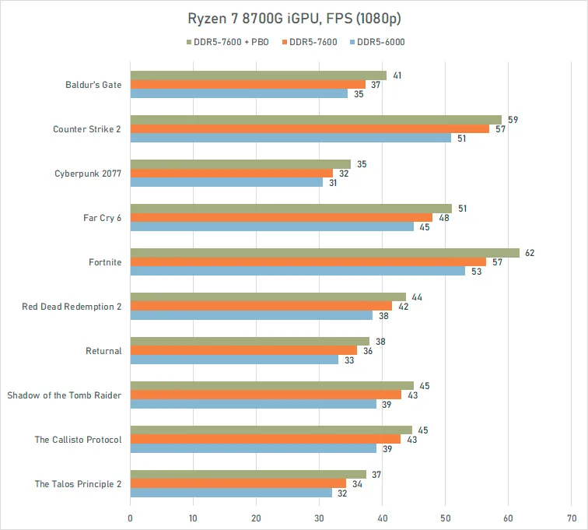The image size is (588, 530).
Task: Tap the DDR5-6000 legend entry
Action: (x=379, y=42)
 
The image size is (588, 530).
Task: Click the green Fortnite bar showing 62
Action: (x=324, y=253)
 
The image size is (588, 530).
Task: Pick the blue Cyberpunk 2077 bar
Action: (x=226, y=182)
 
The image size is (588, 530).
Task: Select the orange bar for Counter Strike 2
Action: (x=310, y=128)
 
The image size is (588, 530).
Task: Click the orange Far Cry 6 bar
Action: (x=281, y=217)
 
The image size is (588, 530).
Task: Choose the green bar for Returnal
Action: (x=250, y=342)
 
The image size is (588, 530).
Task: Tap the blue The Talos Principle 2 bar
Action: (x=231, y=493)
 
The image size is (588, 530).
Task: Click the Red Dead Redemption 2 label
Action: (x=72, y=307)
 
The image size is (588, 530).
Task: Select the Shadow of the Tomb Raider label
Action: (x=65, y=395)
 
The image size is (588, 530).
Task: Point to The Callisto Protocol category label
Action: (x=78, y=440)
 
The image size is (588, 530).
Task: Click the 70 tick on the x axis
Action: (x=572, y=516)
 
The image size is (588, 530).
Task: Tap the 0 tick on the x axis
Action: (x=130, y=516)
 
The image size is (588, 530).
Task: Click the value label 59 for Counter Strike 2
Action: (x=513, y=120)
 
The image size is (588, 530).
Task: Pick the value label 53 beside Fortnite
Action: (x=475, y=271)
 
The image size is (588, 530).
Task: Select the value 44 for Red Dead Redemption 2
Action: (x=418, y=297)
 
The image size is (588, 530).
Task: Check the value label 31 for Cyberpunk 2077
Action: (x=334, y=182)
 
